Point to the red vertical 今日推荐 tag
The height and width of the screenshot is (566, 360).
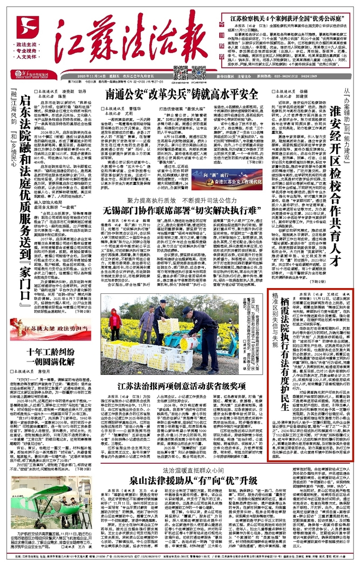coord(207,26)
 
